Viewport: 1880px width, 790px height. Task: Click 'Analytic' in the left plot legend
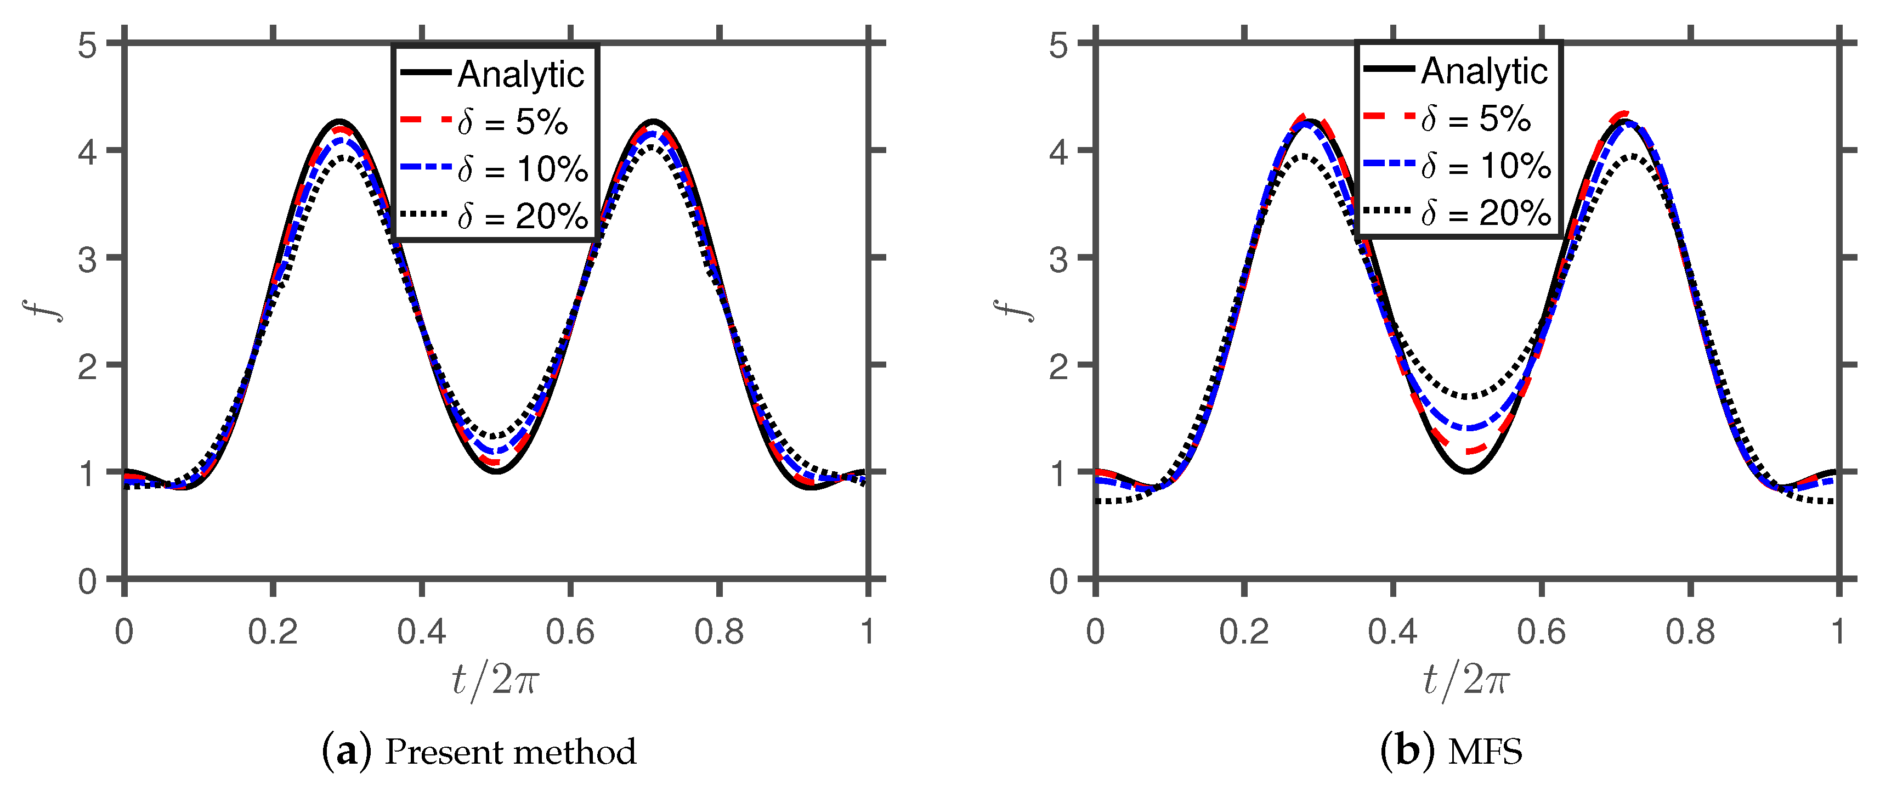tap(520, 75)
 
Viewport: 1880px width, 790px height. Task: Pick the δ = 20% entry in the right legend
tap(1486, 213)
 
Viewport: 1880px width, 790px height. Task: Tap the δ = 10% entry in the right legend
tap(1486, 166)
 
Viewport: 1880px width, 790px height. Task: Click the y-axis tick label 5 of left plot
tap(88, 46)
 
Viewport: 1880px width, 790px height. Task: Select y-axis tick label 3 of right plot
tap(1058, 259)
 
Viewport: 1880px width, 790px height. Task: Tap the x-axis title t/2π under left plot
tap(495, 680)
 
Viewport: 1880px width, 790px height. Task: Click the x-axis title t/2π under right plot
tap(1465, 680)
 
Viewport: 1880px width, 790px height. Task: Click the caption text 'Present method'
tap(510, 752)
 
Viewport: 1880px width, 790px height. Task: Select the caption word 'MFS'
tap(1485, 752)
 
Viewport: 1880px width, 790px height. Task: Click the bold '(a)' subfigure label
tap(347, 752)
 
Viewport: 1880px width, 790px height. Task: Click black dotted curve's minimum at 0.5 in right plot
tap(1467, 397)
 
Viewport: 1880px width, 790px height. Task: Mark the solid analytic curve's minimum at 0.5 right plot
tap(1467, 471)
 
